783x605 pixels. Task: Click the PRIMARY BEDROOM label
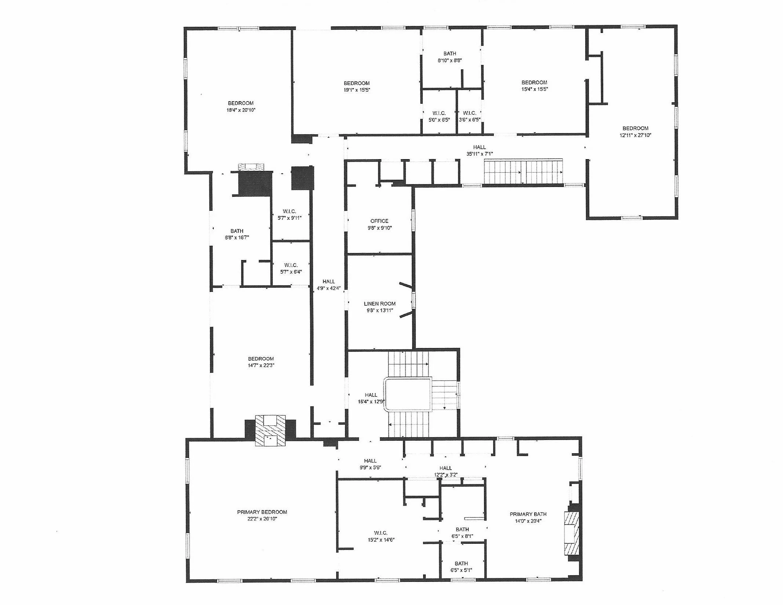pyautogui.click(x=262, y=512)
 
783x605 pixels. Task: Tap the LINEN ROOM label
pyautogui.click(x=380, y=304)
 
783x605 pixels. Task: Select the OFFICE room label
pyautogui.click(x=379, y=221)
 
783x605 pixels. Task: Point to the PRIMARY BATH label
pyautogui.click(x=528, y=514)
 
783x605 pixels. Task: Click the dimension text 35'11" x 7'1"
pyautogui.click(x=479, y=154)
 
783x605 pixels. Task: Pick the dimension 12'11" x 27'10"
pyautogui.click(x=635, y=135)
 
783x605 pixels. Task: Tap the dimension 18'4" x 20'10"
pyautogui.click(x=241, y=110)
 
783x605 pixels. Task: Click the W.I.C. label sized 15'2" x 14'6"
pyautogui.click(x=381, y=533)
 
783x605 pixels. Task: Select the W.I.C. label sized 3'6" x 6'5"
pyautogui.click(x=469, y=113)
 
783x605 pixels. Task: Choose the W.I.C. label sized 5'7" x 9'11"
pyautogui.click(x=289, y=211)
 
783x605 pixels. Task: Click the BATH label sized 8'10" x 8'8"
pyautogui.click(x=450, y=54)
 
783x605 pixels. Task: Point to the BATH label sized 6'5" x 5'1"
pyautogui.click(x=461, y=563)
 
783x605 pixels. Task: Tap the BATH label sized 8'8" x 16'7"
pyautogui.click(x=237, y=231)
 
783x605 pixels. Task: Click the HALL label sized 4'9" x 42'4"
pyautogui.click(x=329, y=281)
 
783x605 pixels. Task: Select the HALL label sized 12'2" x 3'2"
pyautogui.click(x=445, y=468)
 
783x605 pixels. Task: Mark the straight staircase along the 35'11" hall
pyautogui.click(x=523, y=171)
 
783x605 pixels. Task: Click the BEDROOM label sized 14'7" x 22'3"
pyautogui.click(x=261, y=359)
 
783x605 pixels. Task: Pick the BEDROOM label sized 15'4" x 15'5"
pyautogui.click(x=534, y=82)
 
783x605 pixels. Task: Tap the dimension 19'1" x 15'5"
pyautogui.click(x=356, y=90)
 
